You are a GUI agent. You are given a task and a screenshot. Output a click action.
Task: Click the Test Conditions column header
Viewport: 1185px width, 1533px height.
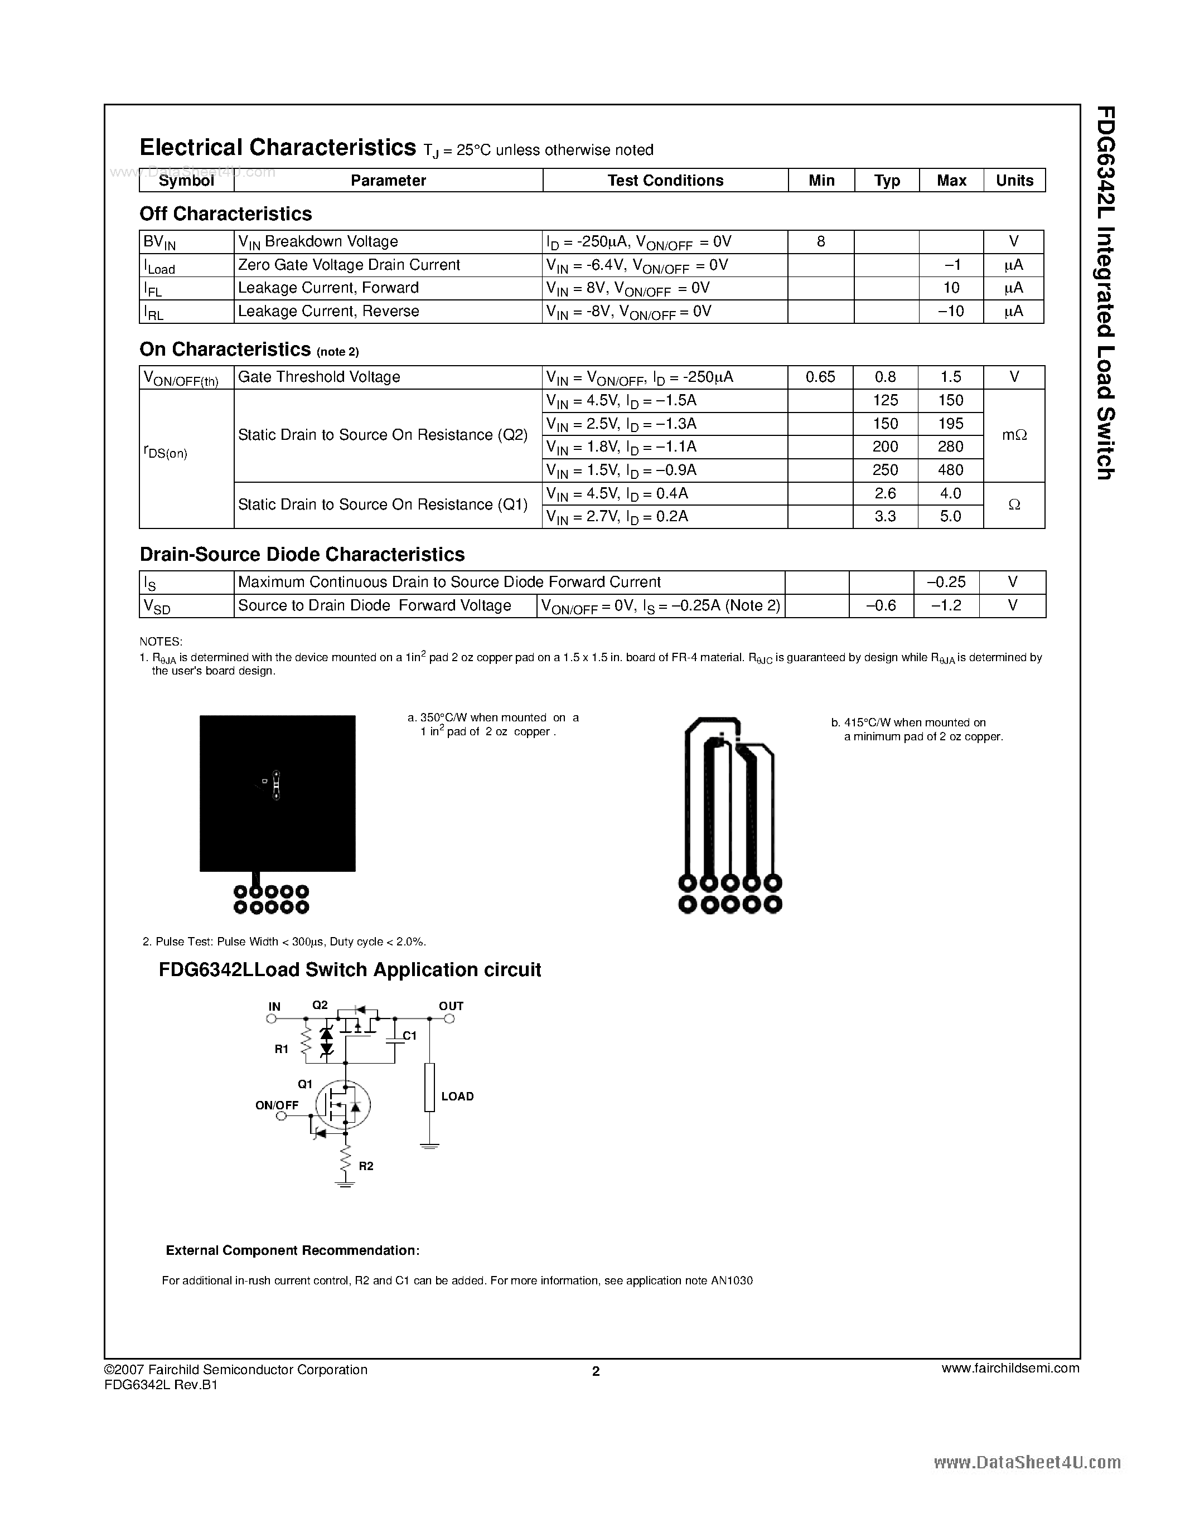pos(665,181)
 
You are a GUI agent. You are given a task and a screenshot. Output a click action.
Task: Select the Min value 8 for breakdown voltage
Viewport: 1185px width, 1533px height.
pos(821,242)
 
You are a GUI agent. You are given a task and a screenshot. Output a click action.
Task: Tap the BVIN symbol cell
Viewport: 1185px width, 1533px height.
pos(160,242)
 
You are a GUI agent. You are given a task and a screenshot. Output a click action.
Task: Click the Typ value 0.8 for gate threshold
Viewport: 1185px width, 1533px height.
pos(885,377)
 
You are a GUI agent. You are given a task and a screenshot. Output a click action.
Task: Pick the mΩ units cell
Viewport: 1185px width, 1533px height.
pos(1014,435)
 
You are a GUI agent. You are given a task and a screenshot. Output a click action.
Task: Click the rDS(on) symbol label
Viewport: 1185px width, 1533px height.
pos(166,453)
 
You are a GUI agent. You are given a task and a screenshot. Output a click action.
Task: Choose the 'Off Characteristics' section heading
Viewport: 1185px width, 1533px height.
pos(225,214)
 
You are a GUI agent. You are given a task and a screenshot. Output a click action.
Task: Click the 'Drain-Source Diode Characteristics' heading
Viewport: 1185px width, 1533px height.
pos(302,555)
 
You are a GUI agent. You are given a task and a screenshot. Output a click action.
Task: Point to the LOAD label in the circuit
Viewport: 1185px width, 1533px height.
pos(457,1097)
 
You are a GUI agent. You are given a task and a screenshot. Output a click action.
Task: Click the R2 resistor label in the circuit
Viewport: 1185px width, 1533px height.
pos(366,1166)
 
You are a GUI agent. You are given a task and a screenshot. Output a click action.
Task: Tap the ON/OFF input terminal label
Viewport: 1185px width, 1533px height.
pos(277,1105)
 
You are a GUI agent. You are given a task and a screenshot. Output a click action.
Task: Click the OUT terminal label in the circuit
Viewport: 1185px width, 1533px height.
pos(451,1006)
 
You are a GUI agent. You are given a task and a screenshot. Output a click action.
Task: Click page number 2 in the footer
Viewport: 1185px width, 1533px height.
pos(596,1371)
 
